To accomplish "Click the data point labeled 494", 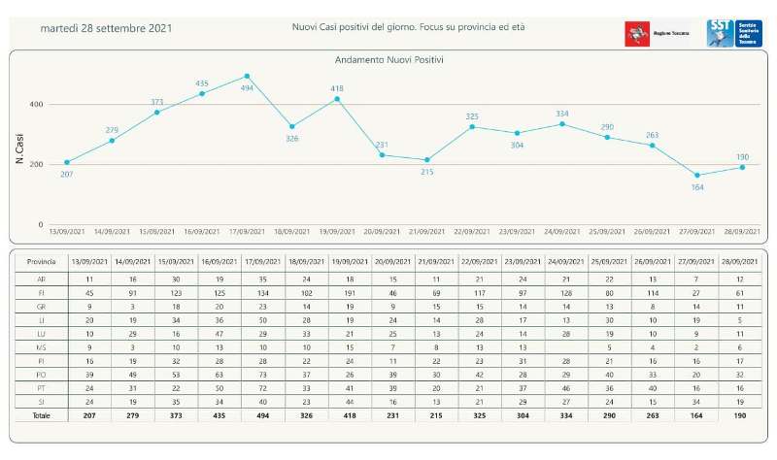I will point(247,76).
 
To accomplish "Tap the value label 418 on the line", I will point(337,88).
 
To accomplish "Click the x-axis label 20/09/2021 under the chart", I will point(382,232).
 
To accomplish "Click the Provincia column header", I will point(41,262).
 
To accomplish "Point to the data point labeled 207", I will point(67,162).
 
